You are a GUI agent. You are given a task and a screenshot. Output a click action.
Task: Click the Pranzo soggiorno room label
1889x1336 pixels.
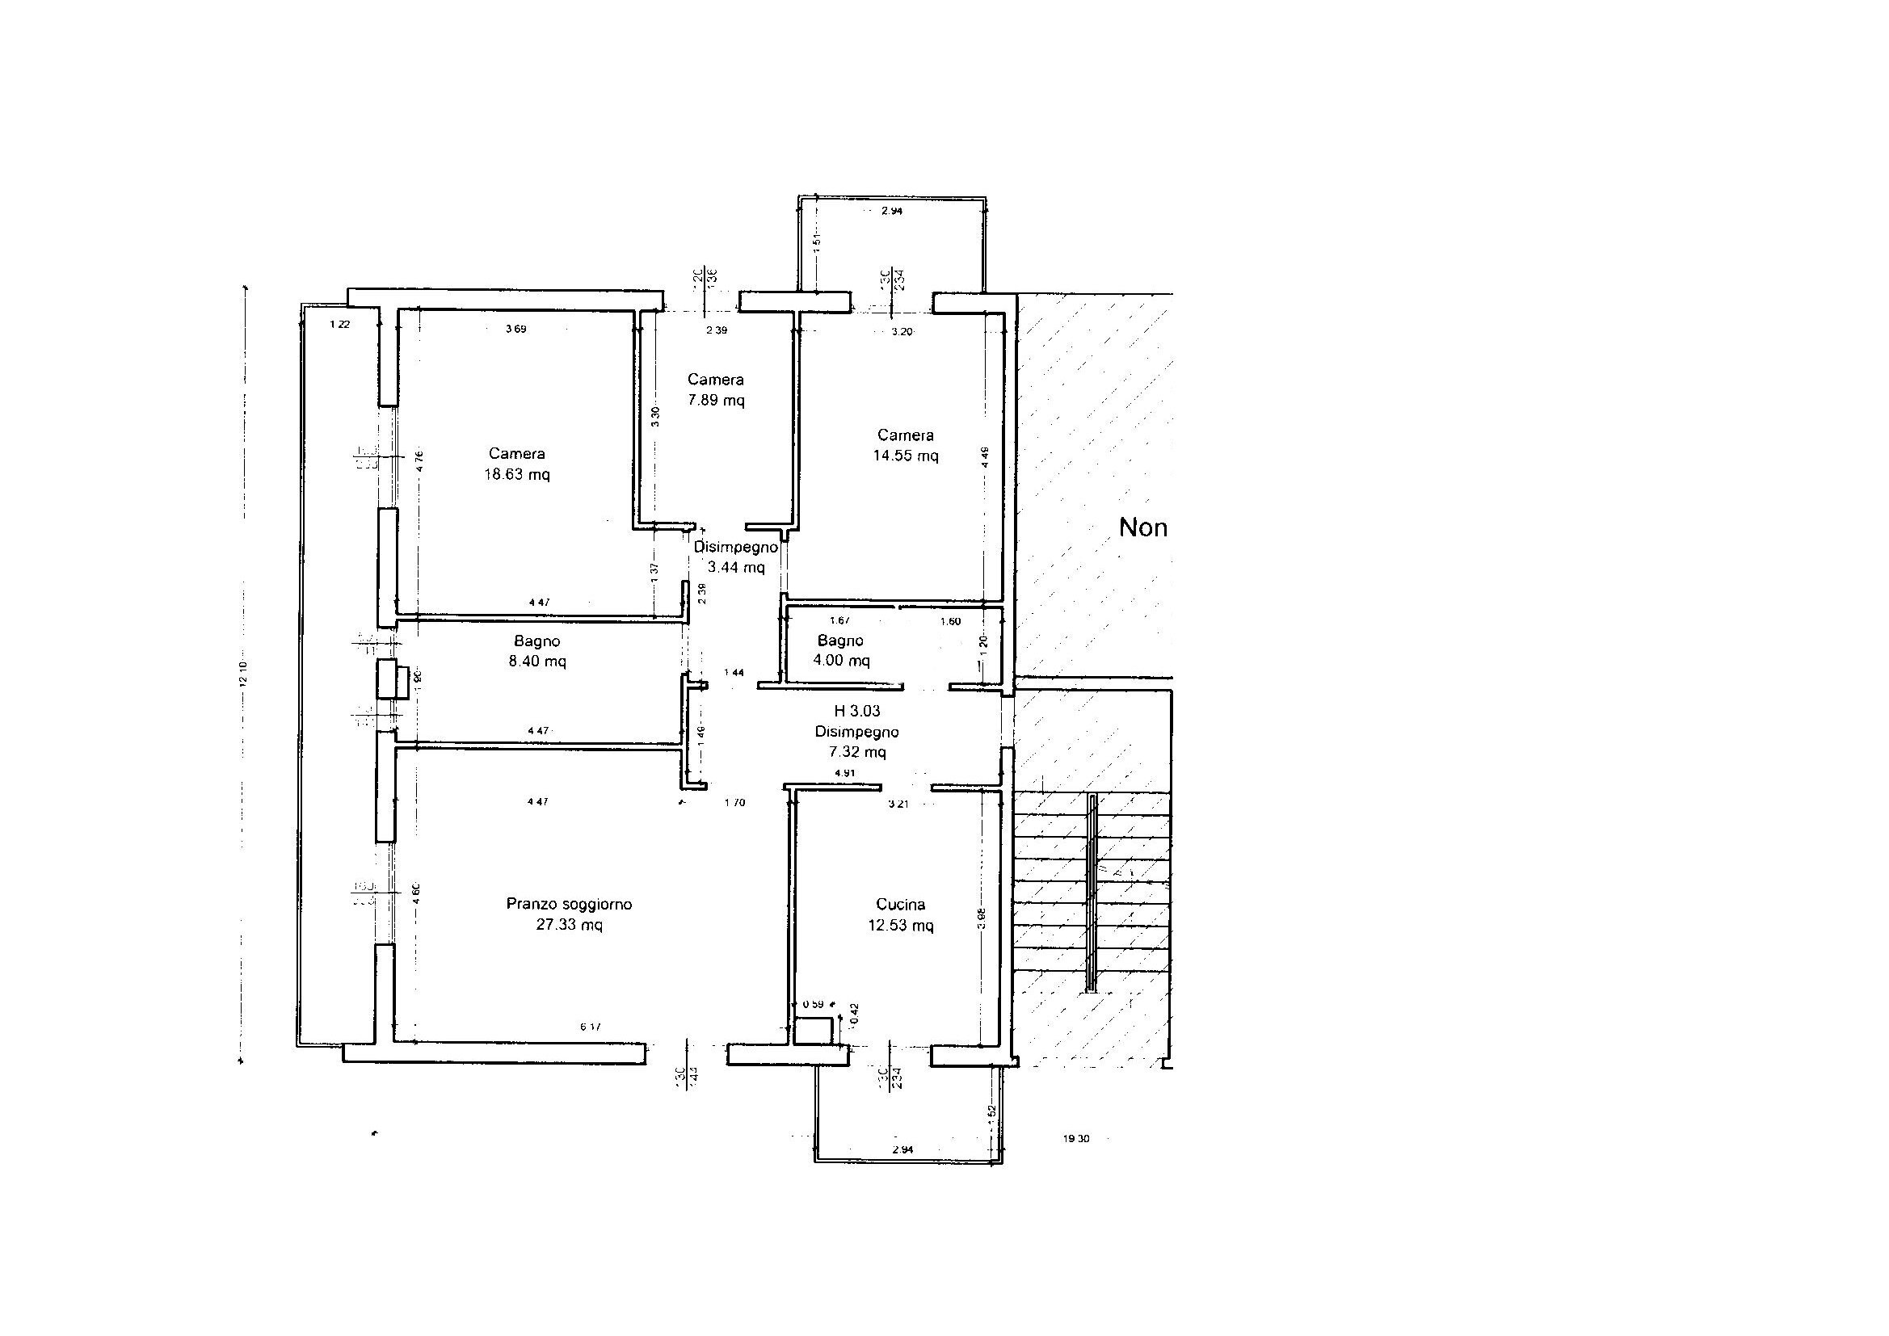[569, 904]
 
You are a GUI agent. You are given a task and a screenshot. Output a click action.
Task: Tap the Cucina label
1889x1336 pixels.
[900, 904]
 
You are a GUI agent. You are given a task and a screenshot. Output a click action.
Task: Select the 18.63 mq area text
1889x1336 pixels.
[515, 475]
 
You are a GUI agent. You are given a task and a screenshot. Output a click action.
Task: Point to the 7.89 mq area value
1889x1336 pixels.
[716, 401]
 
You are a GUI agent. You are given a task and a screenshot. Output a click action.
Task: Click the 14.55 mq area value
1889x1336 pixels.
[905, 456]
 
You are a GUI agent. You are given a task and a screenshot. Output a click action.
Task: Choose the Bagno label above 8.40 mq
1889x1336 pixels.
[537, 641]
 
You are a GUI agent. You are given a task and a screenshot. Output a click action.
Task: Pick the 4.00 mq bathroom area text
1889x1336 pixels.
[841, 660]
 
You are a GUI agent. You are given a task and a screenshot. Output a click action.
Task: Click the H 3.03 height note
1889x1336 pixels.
[856, 711]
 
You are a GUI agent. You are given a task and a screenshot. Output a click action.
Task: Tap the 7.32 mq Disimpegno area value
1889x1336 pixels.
[856, 752]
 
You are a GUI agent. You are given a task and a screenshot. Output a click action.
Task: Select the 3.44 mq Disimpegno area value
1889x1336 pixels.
[735, 567]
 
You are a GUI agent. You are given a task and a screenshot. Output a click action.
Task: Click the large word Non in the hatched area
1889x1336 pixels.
[1142, 527]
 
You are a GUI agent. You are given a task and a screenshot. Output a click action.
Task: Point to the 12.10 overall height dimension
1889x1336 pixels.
[243, 674]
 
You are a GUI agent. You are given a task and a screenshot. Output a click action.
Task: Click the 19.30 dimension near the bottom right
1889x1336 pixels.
[1076, 1140]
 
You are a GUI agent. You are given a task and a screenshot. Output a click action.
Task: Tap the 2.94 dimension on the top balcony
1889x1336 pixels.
[892, 211]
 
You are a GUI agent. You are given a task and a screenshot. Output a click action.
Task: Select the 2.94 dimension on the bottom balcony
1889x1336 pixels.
[902, 1150]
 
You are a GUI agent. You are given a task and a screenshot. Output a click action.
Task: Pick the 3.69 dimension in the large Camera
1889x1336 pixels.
[515, 329]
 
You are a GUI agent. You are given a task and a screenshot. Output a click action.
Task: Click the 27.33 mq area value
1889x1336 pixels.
[569, 925]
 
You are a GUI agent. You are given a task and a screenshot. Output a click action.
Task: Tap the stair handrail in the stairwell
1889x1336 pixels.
[1092, 893]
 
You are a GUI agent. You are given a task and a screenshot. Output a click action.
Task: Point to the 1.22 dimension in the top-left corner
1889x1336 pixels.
[340, 324]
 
